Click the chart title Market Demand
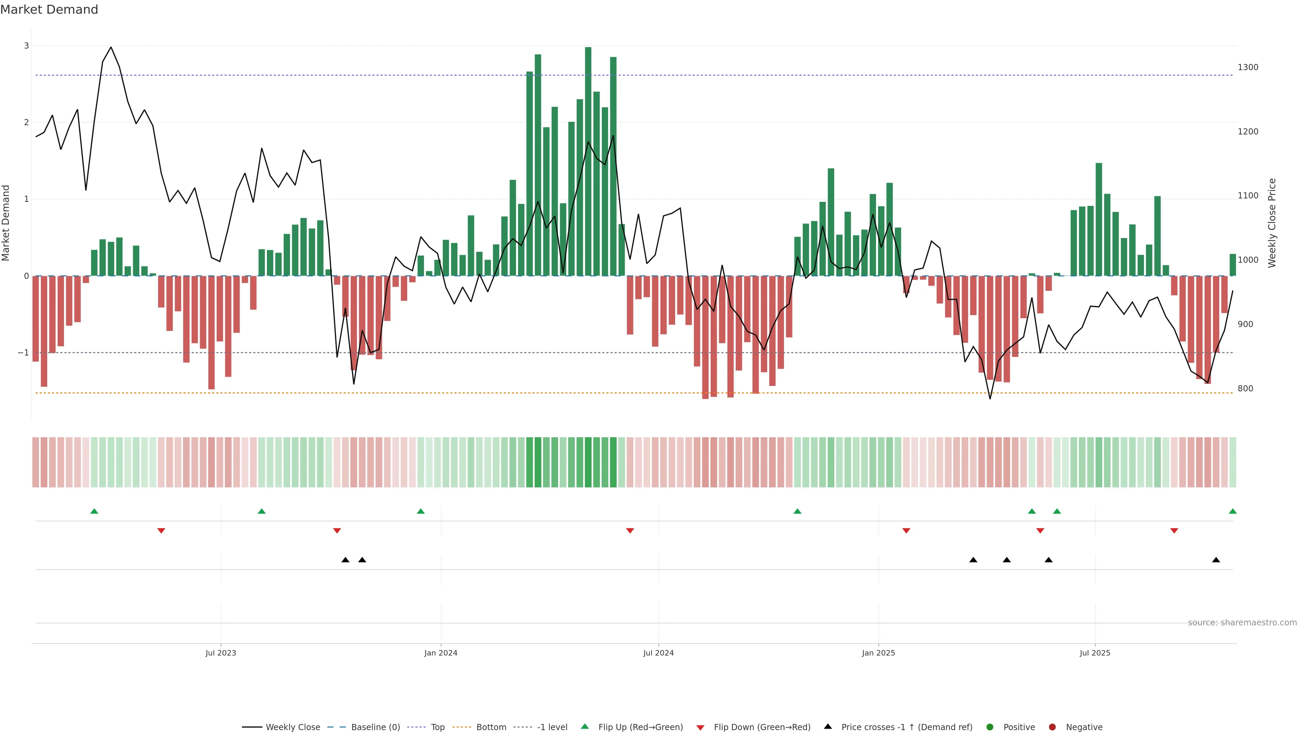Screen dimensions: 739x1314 (x=49, y=10)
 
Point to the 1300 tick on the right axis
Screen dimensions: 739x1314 (x=1248, y=67)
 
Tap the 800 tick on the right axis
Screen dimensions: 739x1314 (x=1245, y=389)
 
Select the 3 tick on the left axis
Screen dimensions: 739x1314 (x=27, y=46)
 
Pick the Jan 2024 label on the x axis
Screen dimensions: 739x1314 (x=441, y=653)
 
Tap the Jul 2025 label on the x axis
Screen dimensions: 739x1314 (x=1095, y=653)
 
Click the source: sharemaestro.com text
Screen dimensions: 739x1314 (x=1242, y=623)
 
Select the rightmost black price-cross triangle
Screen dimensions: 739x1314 (x=1216, y=560)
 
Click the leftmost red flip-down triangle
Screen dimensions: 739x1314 (x=161, y=531)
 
